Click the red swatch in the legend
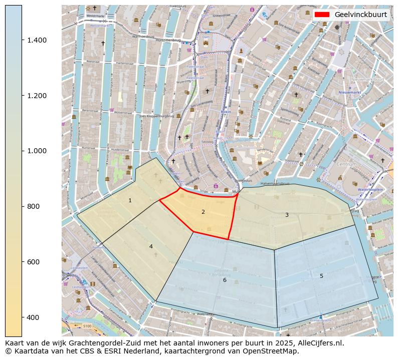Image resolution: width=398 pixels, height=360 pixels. pyautogui.click(x=322, y=15)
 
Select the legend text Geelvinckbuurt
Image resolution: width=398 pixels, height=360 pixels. pyautogui.click(x=360, y=15)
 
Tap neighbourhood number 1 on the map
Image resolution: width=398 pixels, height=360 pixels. pyautogui.click(x=130, y=200)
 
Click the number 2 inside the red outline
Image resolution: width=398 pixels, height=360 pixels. pyautogui.click(x=203, y=212)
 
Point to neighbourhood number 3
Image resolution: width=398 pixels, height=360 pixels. pyautogui.click(x=287, y=215)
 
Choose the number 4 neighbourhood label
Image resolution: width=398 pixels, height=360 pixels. pyautogui.click(x=150, y=246)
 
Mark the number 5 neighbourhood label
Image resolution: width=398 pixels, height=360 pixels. pyautogui.click(x=321, y=276)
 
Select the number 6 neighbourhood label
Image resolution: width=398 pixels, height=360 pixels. pyautogui.click(x=225, y=280)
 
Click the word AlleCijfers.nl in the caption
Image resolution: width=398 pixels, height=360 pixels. pyautogui.click(x=319, y=343)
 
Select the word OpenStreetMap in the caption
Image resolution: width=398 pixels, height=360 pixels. pyautogui.click(x=274, y=351)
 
